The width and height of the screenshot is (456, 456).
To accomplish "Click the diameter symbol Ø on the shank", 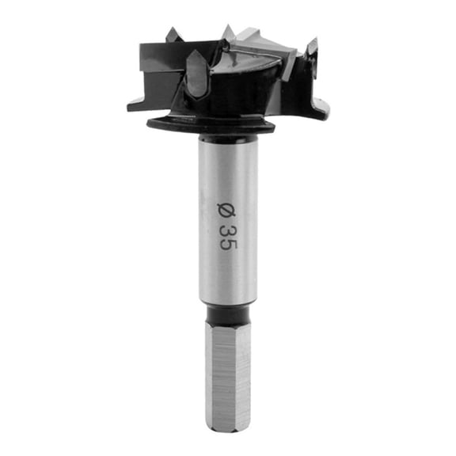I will click(x=228, y=209).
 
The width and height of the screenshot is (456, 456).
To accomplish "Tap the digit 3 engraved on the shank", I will click(x=228, y=230).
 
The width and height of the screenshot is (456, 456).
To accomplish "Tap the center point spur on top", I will click(x=228, y=32).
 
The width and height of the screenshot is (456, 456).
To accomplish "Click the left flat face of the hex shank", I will click(x=215, y=372).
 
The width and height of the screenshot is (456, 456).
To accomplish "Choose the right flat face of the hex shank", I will click(x=241, y=372).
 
